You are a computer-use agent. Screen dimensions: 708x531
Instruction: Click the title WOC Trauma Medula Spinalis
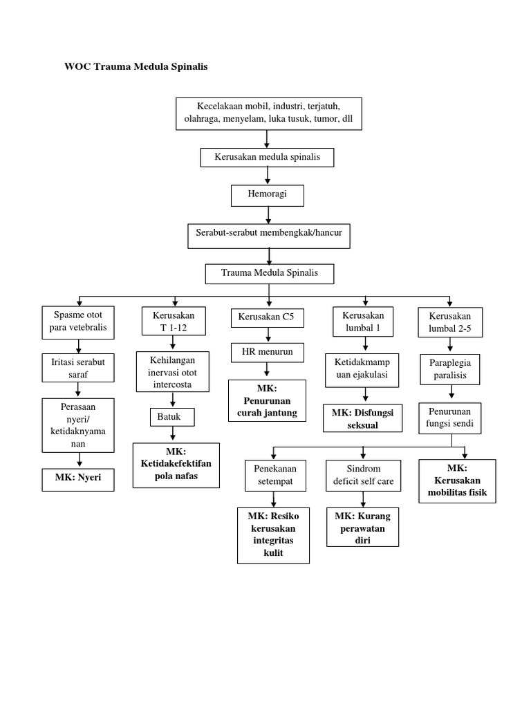pos(136,67)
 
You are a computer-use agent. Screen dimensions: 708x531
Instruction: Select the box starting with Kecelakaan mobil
pos(268,113)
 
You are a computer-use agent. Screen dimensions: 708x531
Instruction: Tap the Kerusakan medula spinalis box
pos(268,157)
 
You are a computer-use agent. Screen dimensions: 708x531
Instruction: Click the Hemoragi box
pos(267,196)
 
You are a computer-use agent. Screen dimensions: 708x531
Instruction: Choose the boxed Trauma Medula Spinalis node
pos(269,273)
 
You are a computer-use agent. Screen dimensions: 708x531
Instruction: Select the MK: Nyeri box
pos(78,478)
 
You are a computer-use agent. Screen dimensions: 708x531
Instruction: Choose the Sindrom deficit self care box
pos(364,474)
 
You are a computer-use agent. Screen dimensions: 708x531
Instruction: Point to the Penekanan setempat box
pos(274,474)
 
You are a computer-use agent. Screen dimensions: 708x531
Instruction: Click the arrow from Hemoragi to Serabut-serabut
pos(268,215)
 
